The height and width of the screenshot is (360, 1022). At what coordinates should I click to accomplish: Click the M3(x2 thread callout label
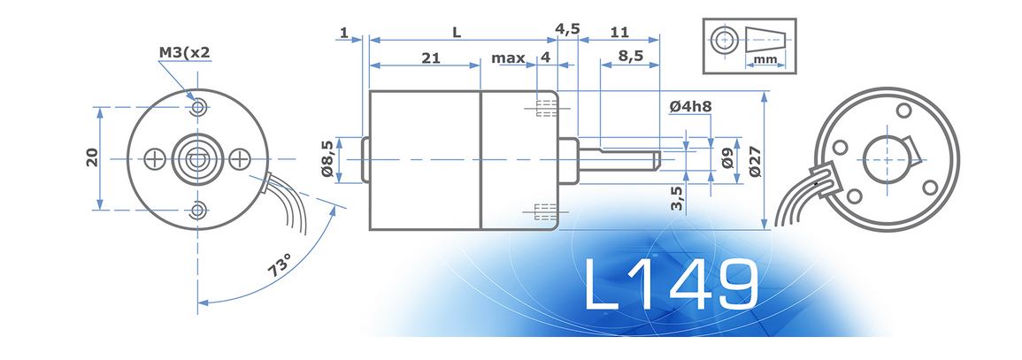pos(185,53)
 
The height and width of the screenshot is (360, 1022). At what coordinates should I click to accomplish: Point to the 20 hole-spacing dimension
pos(90,158)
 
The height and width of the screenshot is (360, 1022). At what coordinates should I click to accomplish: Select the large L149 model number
pos(671,286)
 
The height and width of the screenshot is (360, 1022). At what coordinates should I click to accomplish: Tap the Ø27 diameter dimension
pos(755,160)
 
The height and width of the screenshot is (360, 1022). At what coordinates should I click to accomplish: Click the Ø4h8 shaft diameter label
pos(692,107)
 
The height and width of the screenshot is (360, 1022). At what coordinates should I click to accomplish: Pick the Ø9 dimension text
pos(726,159)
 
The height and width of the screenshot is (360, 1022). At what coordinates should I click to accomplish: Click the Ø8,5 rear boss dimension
pos(327,159)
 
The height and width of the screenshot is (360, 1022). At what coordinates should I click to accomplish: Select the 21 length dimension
pos(431,57)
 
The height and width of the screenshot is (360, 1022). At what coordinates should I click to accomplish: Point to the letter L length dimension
pos(457,32)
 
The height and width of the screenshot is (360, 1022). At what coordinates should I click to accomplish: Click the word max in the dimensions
pos(508,57)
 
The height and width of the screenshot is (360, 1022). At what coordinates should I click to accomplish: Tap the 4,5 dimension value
pos(567,28)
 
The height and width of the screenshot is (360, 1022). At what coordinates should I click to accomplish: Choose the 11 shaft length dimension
pos(619,32)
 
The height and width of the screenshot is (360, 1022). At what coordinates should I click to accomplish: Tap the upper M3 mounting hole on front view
pos(199,107)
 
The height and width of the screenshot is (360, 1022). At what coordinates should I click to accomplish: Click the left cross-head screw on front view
pos(157,159)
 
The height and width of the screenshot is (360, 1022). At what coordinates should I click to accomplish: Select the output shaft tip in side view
pos(657,159)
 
